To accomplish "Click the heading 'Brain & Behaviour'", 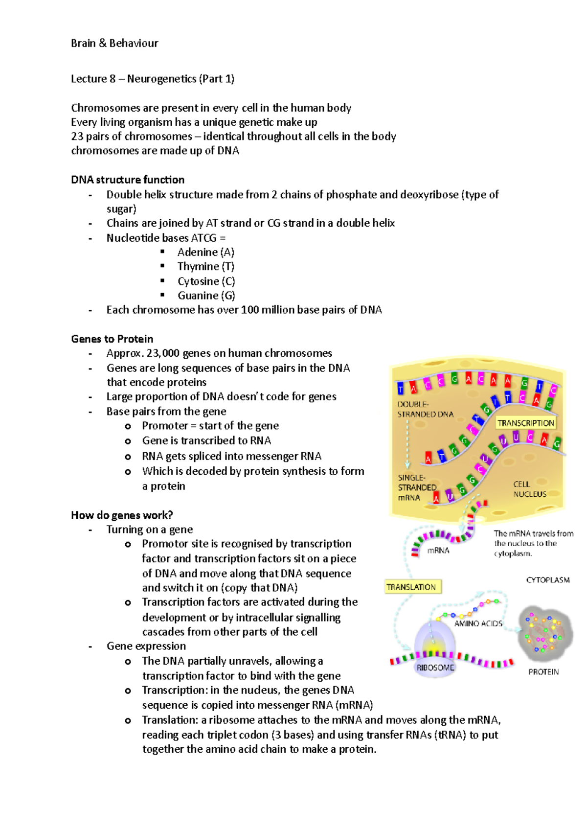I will [114, 43].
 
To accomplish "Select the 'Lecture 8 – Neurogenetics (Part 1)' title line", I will [153, 79].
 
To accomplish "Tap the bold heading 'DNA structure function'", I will [128, 180].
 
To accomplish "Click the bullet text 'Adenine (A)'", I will [206, 252].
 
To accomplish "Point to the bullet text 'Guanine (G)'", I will [206, 296].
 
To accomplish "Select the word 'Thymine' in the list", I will [198, 267].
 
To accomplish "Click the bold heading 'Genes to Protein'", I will [112, 339].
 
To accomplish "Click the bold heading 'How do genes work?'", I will [122, 515].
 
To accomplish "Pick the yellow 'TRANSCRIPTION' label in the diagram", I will [526, 423].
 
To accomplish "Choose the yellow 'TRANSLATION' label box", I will [411, 587].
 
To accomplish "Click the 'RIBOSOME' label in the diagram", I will [435, 668].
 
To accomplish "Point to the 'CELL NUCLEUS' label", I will [529, 489].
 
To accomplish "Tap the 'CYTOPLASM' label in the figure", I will [548, 580].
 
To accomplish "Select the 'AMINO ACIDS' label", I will [478, 623].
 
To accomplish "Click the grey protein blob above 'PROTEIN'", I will [544, 633].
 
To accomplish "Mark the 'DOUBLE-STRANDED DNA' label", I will [425, 409].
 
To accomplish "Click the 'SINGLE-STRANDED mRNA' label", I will [416, 487].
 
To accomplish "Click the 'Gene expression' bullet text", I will [146, 646].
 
